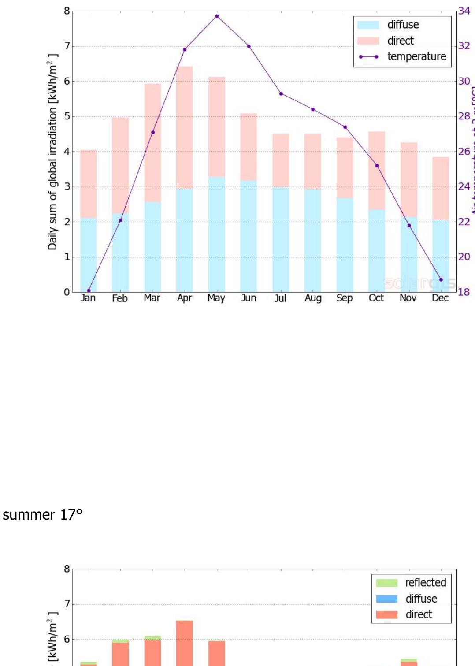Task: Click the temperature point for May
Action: [x=217, y=16]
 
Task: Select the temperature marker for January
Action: [x=89, y=290]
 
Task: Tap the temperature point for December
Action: [x=441, y=279]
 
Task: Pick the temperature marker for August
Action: [x=313, y=109]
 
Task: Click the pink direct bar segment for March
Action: [x=152, y=142]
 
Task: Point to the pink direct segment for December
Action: [x=441, y=188]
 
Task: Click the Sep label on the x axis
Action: [x=345, y=298]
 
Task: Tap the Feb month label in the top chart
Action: [x=120, y=298]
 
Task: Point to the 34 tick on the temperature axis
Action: [x=464, y=11]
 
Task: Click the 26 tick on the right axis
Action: [x=464, y=152]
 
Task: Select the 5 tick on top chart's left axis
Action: [x=67, y=116]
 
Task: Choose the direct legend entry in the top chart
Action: [x=400, y=41]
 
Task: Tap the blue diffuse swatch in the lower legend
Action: [x=386, y=599]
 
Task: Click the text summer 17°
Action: [x=43, y=514]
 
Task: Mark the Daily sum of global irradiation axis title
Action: [x=53, y=152]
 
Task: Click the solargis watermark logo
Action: [x=419, y=283]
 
